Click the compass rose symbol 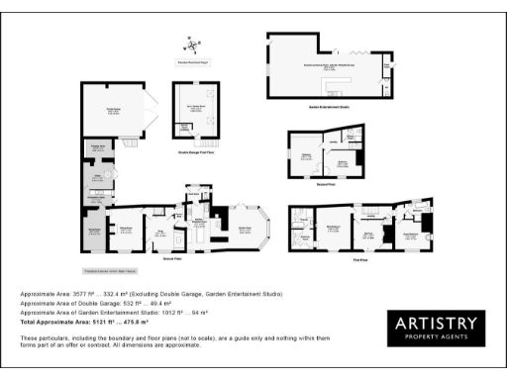tap(190, 45)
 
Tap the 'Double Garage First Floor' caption tap(197, 150)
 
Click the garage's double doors tap(149, 111)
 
